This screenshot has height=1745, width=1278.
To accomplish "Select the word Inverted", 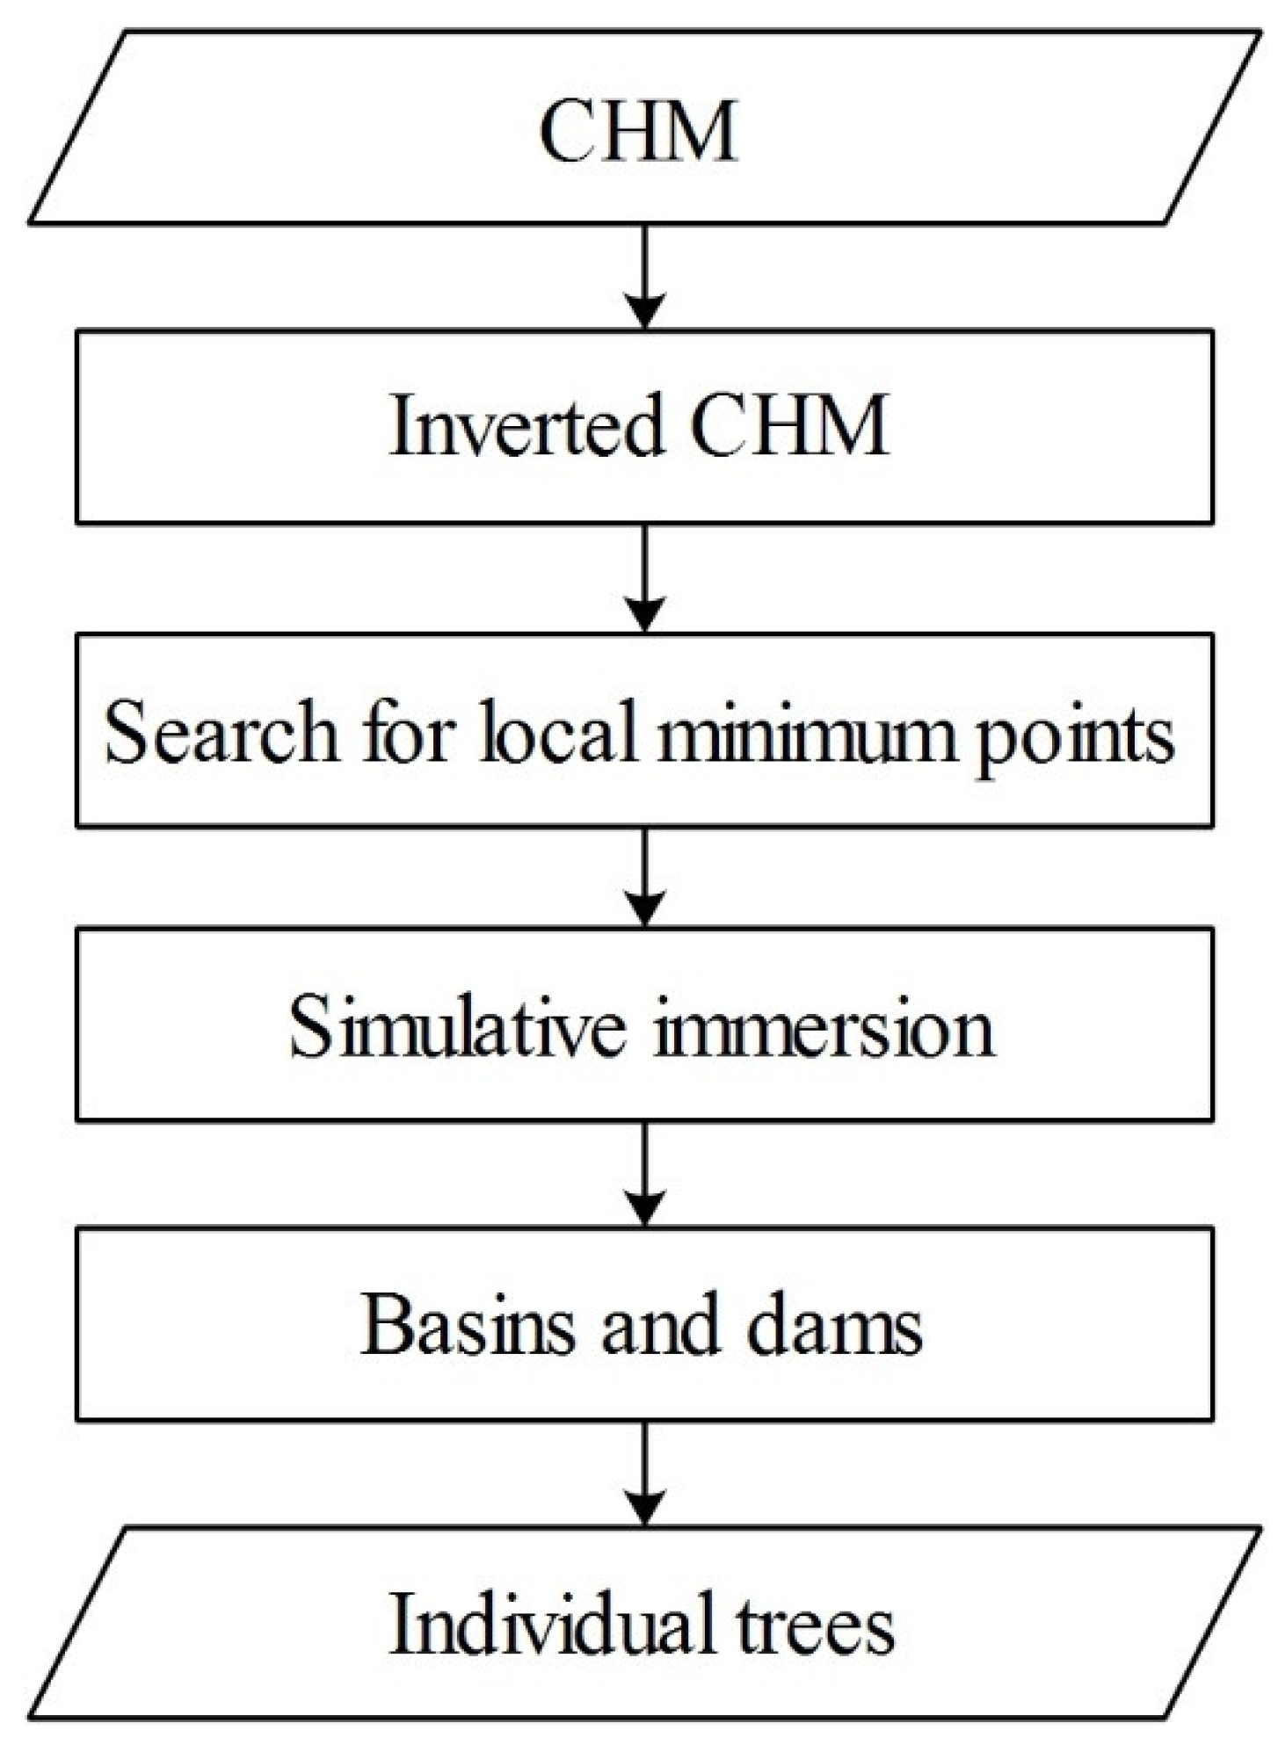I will pos(526,426).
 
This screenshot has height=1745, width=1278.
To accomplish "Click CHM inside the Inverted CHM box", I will pos(789,426).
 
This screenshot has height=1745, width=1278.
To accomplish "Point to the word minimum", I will pos(807,732).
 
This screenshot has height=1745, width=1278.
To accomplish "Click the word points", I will pos(1075,736).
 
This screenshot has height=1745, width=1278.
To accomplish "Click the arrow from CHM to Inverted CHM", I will pos(645,277).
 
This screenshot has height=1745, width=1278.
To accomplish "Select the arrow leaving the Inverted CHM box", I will pos(645,578).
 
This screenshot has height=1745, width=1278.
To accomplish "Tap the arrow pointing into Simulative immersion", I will pos(645,877).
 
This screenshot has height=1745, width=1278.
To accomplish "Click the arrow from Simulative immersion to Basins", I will pos(645,1174).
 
